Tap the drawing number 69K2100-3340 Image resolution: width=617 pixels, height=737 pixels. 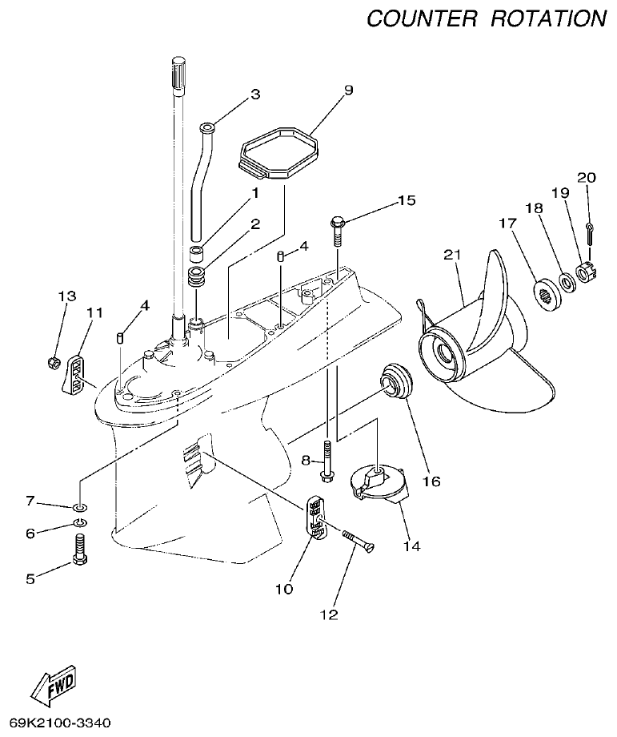60,723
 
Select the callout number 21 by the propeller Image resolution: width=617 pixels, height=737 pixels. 453,256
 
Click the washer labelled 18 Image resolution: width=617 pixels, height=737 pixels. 567,282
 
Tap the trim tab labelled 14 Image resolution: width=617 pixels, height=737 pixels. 376,485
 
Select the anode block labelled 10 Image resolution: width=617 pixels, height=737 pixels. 318,520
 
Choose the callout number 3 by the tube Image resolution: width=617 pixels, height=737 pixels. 255,95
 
